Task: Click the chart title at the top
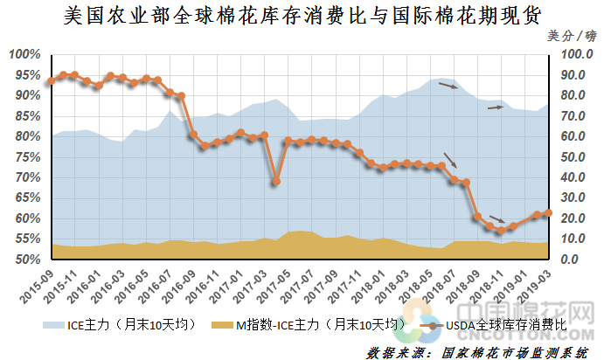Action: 302,16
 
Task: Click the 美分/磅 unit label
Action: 572,37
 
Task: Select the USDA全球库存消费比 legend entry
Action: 499,325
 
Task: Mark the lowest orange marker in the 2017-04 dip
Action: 275,182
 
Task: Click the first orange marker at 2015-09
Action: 51,81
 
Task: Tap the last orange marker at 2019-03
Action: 549,213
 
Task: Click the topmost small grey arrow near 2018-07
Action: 448,86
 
